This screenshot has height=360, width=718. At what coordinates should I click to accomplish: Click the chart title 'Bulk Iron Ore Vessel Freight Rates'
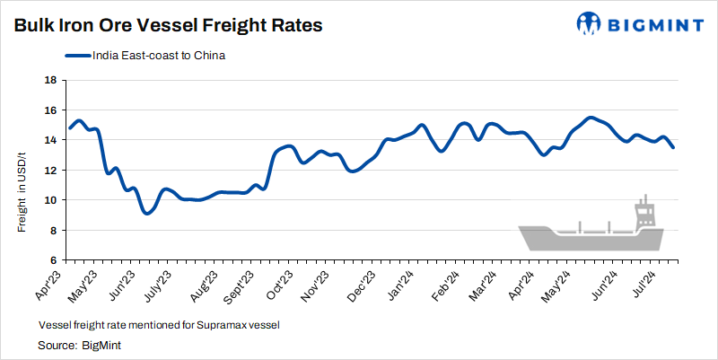pyautogui.click(x=168, y=26)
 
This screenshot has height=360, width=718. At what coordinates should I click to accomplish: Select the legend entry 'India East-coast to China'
pyautogui.click(x=157, y=56)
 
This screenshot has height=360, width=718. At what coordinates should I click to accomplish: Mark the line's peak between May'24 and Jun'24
pyautogui.click(x=590, y=118)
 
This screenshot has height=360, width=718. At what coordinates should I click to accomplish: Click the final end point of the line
pyautogui.click(x=673, y=147)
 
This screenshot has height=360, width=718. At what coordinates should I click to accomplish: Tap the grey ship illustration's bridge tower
pyautogui.click(x=644, y=212)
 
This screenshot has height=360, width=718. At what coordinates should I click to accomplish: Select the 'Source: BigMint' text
pyautogui.click(x=79, y=345)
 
